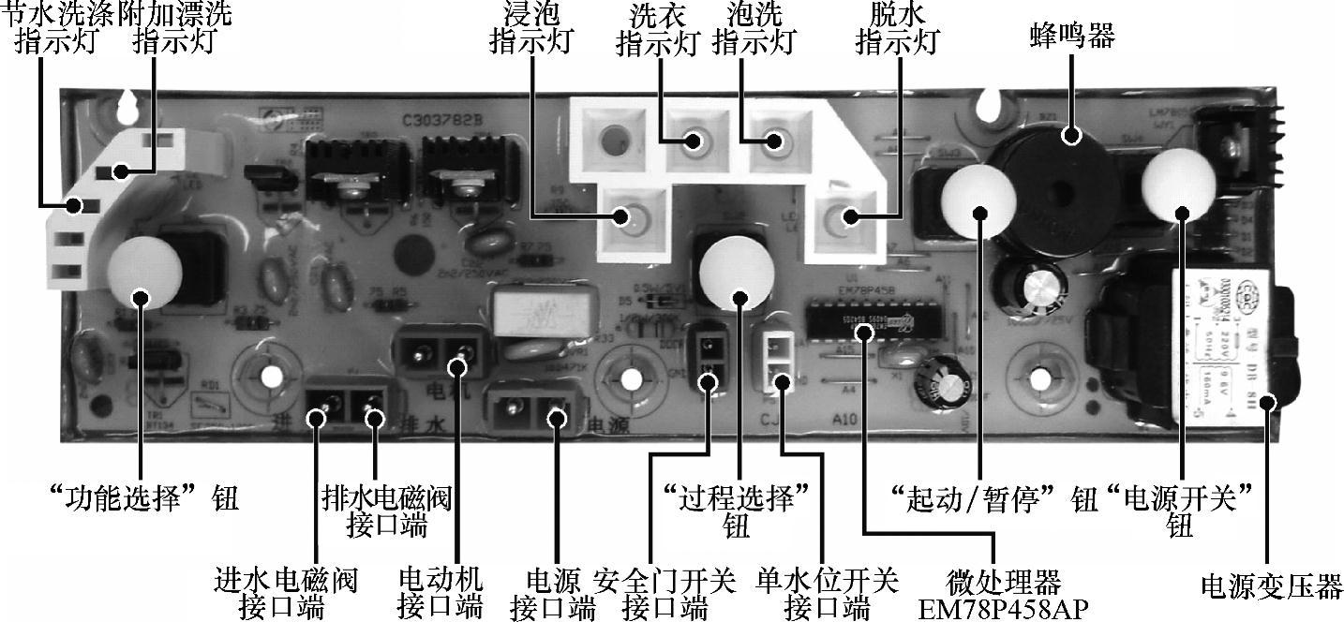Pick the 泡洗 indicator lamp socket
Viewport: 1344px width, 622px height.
(x=772, y=141)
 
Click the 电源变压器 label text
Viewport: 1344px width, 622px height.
(x=1271, y=587)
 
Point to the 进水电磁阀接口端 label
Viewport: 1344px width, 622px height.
(x=285, y=593)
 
